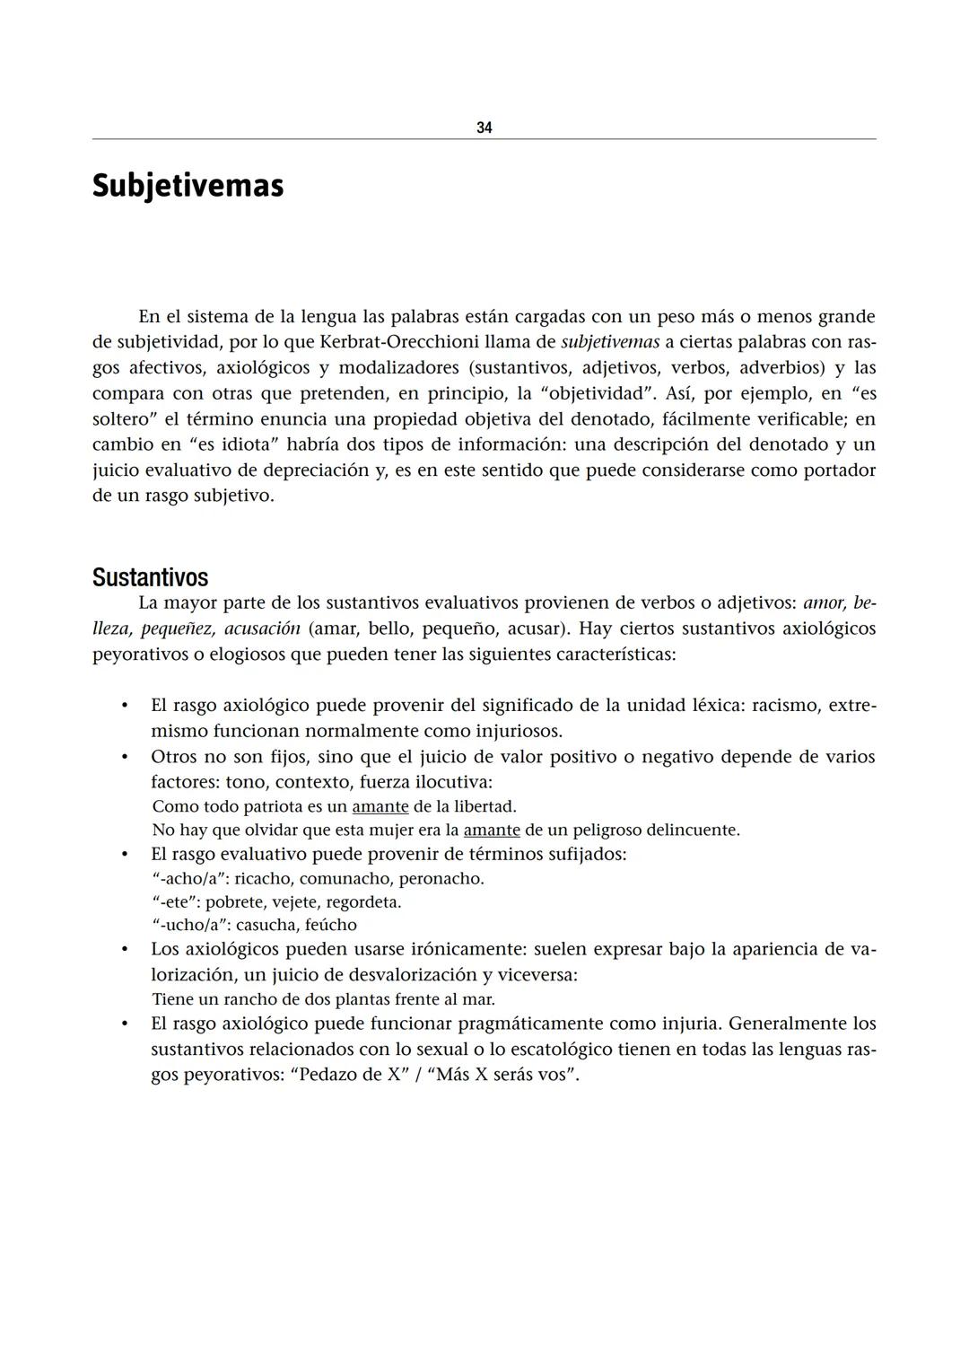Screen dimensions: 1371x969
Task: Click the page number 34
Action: (x=484, y=127)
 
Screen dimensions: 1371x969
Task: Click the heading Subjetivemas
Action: (x=188, y=186)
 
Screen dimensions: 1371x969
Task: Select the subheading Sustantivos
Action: (x=150, y=577)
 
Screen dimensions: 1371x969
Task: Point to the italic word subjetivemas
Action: (x=610, y=342)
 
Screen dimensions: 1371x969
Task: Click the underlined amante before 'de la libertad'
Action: (x=380, y=806)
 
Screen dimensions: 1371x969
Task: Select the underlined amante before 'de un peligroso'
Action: (x=492, y=830)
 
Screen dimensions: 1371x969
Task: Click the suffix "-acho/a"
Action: (x=188, y=878)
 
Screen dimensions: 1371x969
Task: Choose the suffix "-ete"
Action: (x=175, y=901)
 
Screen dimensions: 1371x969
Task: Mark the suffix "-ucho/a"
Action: (x=189, y=925)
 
